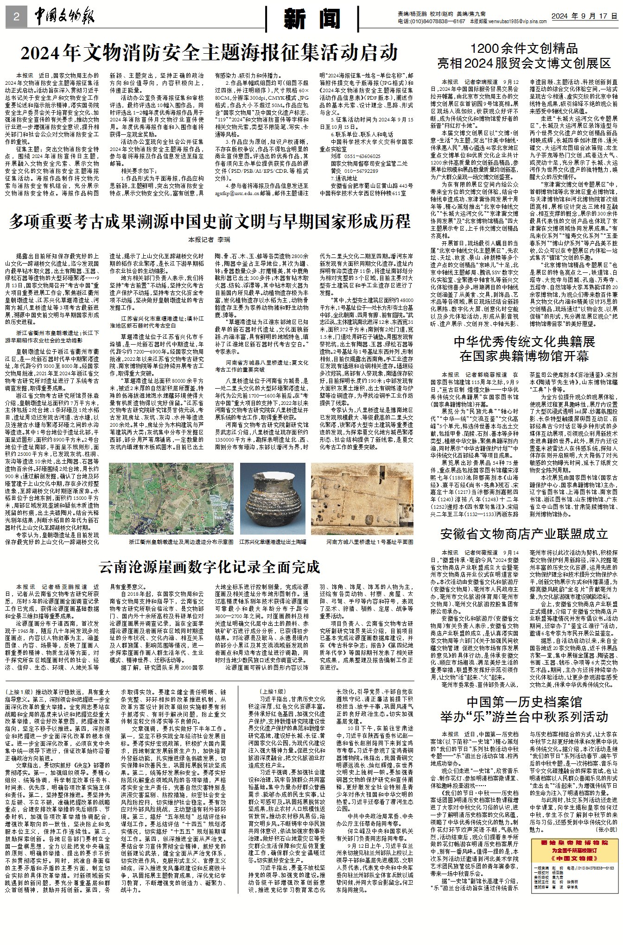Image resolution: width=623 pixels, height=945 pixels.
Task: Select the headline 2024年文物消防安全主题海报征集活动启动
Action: pos(210,53)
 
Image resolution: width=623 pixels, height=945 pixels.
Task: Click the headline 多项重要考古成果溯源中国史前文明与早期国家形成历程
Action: pos(210,221)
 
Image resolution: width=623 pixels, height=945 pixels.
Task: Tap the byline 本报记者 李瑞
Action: pos(209,240)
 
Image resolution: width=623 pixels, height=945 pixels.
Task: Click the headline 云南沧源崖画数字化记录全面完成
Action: pos(210,567)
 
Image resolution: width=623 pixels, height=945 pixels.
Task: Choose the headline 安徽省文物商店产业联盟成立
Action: pos(524,534)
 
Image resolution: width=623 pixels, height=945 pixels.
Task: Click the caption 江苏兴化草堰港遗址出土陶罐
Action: pos(273,541)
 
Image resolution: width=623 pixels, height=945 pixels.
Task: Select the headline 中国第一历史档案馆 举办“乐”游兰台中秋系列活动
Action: pos(524,709)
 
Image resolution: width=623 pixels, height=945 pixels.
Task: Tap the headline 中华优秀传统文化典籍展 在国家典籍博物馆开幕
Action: pos(524,349)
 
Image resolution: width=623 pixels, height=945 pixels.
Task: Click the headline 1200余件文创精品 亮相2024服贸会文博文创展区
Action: pos(524,56)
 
